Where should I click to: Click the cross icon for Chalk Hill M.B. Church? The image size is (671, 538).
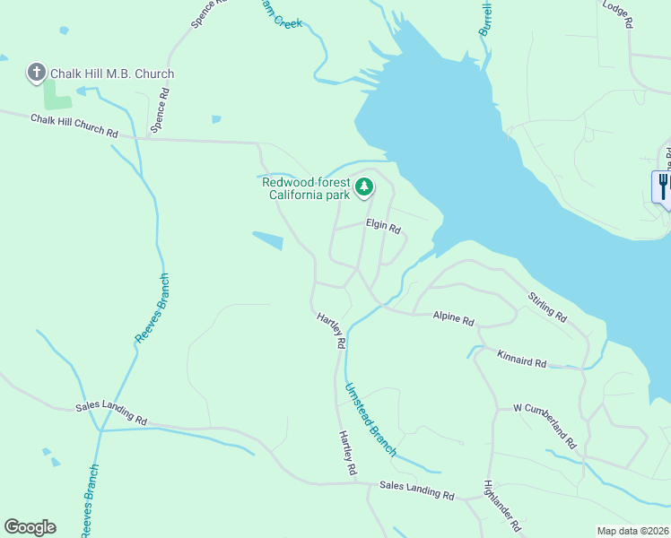click(37, 73)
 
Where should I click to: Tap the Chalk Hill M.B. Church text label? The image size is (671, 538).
click(112, 74)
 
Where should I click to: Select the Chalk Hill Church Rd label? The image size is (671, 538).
click(74, 126)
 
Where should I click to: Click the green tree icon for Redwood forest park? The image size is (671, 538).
click(363, 187)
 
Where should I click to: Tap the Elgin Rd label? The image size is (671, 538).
click(383, 226)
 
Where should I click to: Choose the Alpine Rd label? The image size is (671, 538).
click(453, 317)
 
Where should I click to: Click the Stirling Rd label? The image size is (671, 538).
click(547, 306)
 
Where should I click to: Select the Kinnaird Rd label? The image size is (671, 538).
click(521, 359)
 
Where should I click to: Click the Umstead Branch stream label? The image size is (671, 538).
click(370, 421)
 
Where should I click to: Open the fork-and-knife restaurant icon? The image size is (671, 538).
click(663, 186)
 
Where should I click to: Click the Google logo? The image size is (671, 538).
click(30, 526)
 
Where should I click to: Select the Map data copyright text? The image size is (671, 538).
click(632, 531)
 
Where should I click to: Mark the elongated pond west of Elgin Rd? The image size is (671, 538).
click(268, 240)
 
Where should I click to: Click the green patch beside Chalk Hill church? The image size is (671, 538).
click(57, 95)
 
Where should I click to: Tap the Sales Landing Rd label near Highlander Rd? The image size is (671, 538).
click(417, 490)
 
